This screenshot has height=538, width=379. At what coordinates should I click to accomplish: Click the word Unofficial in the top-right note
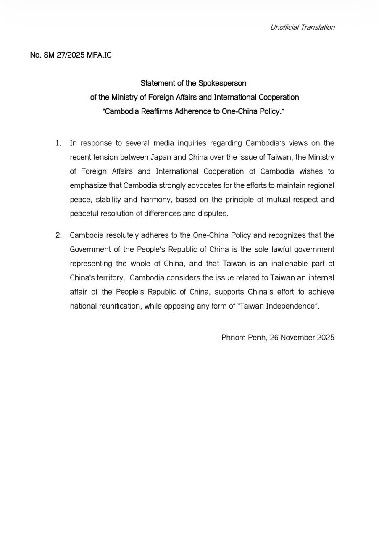tap(284, 28)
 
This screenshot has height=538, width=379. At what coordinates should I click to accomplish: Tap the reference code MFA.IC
tap(99, 55)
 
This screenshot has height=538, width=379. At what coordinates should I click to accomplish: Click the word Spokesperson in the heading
tap(222, 83)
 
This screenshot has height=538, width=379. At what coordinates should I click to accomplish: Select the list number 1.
tap(58, 143)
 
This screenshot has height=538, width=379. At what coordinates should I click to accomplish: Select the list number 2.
tap(58, 235)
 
